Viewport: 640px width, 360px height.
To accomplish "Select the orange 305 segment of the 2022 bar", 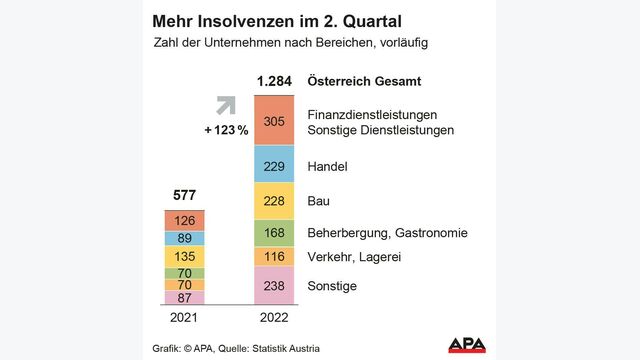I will (273, 120).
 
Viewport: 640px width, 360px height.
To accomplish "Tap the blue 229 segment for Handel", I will (273, 164).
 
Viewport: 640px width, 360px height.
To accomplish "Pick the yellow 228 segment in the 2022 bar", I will (273, 201).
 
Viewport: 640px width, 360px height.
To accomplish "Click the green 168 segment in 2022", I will (273, 233).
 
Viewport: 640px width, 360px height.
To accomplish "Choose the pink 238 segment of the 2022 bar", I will (273, 285).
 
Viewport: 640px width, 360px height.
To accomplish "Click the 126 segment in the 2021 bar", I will (184, 221).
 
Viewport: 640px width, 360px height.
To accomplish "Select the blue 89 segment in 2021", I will (184, 238).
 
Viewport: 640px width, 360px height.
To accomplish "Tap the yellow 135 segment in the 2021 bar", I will (184, 256).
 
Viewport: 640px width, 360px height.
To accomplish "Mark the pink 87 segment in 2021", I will (184, 297).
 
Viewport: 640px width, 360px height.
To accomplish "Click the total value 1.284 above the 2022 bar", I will (273, 81).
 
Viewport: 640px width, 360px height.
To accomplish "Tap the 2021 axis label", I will (184, 318).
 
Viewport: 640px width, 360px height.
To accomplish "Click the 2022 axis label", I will (273, 318).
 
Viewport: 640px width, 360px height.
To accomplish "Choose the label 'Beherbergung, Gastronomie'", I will (386, 233).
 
